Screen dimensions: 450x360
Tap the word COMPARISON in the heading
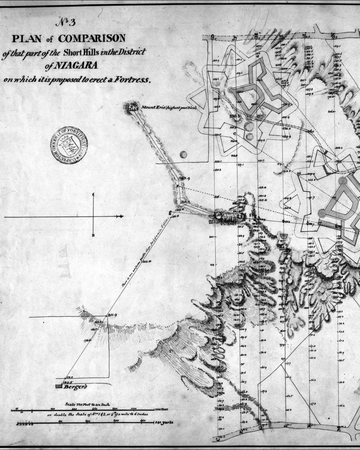pyautogui.click(x=92, y=38)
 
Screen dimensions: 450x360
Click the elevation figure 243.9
pyautogui.click(x=184, y=179)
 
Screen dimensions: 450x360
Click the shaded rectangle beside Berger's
pyautogui.click(x=59, y=386)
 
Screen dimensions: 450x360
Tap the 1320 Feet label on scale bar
pyautogui.click(x=162, y=409)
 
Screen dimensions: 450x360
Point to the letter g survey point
pyautogui.click(x=170, y=212)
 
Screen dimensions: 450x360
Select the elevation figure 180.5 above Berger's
pyautogui.click(x=68, y=382)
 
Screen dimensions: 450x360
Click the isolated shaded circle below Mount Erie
pyautogui.click(x=183, y=154)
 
